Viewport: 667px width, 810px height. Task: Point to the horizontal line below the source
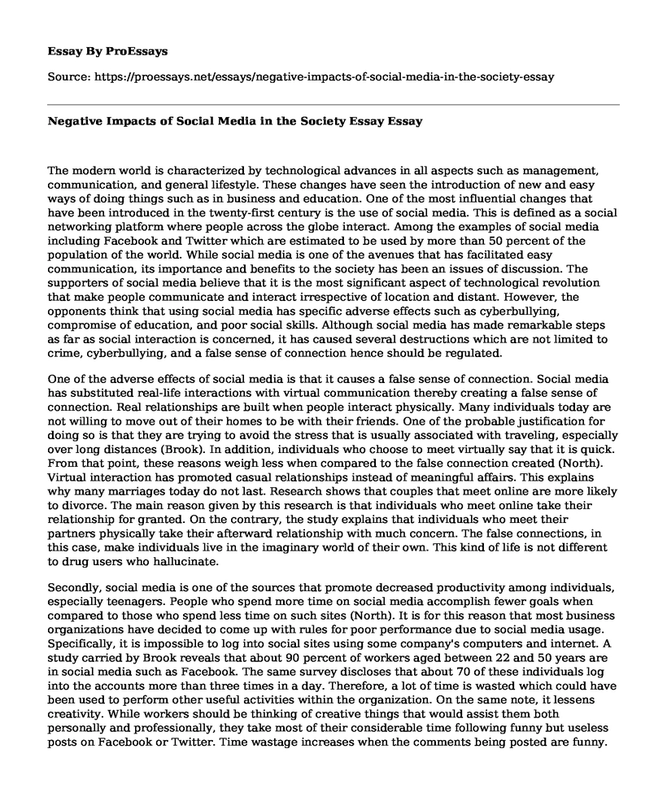click(x=333, y=104)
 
